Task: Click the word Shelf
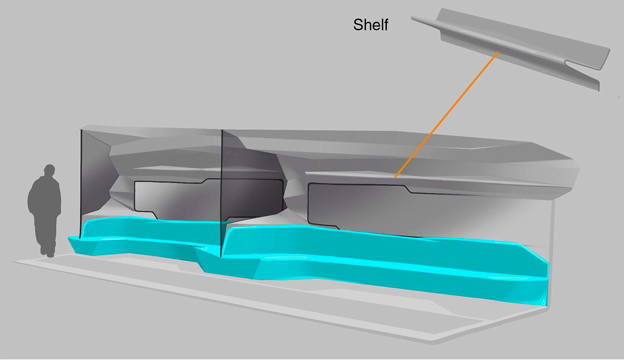(x=370, y=25)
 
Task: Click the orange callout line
(x=447, y=115)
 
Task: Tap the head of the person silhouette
(x=49, y=170)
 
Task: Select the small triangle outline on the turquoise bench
(x=543, y=302)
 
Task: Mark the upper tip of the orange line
(x=498, y=52)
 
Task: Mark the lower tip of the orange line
(x=395, y=177)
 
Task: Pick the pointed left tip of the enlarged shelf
(x=412, y=17)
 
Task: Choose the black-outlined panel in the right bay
(x=362, y=206)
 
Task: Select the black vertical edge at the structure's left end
(x=81, y=184)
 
